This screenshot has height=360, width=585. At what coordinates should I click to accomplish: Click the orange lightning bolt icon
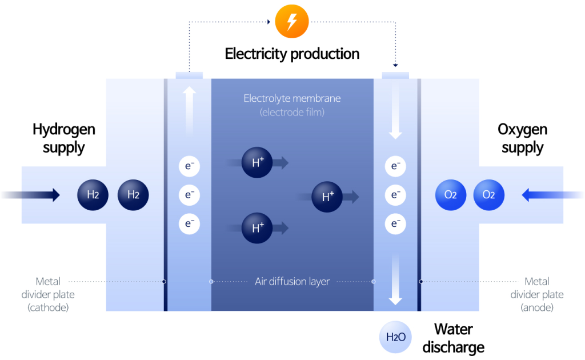point(292,22)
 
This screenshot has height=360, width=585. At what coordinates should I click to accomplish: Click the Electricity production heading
point(292,54)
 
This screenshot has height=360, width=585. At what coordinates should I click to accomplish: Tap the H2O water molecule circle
point(395,338)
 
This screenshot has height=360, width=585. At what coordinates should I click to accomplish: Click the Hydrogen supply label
point(63,138)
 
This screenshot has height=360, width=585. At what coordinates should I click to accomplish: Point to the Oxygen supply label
point(522,138)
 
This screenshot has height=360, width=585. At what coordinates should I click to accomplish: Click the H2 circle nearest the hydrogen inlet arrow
point(93,195)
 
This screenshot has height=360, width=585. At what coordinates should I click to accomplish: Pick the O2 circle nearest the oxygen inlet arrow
point(489,195)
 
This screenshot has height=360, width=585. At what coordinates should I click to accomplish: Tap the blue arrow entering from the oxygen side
point(551,195)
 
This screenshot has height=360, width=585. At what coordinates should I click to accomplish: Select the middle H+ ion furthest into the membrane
point(327,197)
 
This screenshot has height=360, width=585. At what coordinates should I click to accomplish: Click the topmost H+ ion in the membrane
point(258,163)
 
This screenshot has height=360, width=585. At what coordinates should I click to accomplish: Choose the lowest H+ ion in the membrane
point(258,228)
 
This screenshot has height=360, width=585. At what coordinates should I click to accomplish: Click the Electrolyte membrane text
point(292,98)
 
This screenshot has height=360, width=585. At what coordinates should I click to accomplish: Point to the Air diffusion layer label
point(292,282)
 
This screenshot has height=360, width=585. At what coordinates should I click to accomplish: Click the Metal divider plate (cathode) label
point(48,294)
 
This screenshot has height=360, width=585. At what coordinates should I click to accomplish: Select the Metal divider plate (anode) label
point(537,294)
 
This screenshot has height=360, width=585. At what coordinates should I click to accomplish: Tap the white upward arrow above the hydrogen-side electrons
point(189,111)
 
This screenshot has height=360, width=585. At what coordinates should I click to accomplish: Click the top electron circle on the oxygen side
point(395,166)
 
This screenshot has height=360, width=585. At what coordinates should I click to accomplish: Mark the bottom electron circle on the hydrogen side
point(189,223)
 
